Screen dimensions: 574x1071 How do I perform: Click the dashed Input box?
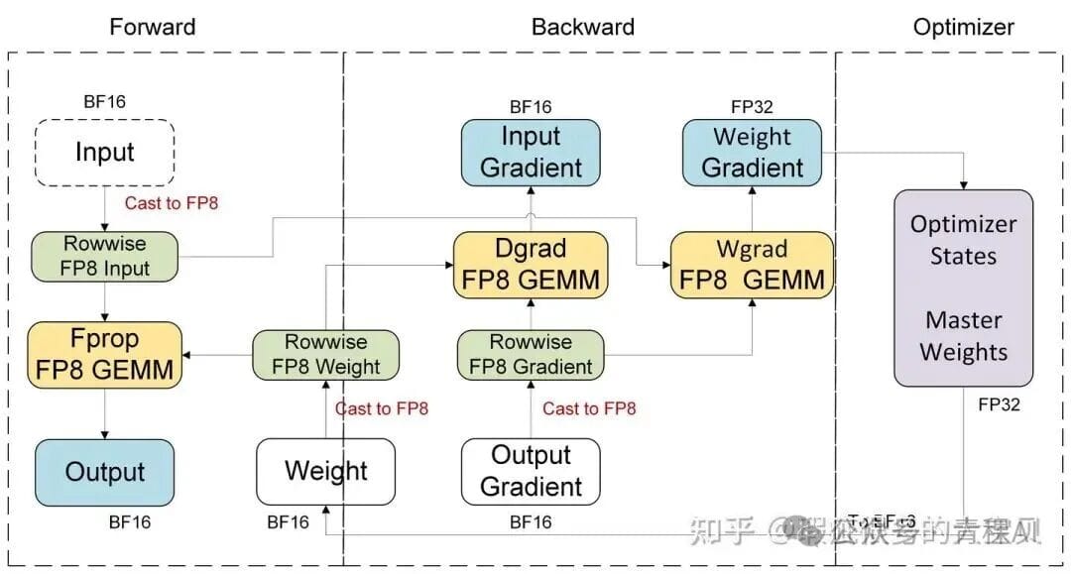click(105, 153)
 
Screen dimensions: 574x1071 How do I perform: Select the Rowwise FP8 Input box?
click(105, 255)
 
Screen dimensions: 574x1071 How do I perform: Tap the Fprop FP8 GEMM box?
click(105, 354)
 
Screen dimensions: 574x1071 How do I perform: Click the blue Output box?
click(105, 472)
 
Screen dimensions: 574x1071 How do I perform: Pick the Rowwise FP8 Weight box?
click(325, 354)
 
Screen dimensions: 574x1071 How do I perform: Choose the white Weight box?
click(325, 472)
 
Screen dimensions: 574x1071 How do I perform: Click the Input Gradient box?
click(531, 152)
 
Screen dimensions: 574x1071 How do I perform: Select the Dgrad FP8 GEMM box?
click(531, 264)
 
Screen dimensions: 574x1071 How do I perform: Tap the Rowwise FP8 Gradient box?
click(531, 354)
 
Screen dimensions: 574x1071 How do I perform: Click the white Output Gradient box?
click(531, 471)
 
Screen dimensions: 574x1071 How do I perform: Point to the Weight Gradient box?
click(753, 152)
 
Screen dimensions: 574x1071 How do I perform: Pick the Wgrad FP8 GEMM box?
click(752, 264)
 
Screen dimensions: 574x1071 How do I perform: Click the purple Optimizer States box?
click(963, 288)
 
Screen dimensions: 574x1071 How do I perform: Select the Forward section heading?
click(153, 27)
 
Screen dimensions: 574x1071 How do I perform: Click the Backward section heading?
click(583, 27)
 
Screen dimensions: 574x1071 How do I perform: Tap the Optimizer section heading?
click(963, 27)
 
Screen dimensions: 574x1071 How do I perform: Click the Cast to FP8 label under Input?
click(171, 203)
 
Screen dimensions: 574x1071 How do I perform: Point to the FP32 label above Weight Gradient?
click(752, 107)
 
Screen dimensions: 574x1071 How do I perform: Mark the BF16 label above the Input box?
click(105, 101)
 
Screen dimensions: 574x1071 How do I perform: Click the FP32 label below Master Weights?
click(999, 404)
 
